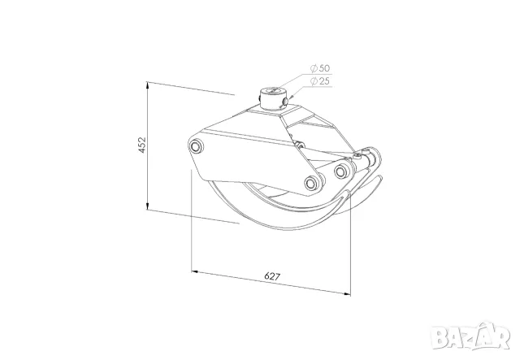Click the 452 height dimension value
(x=142, y=145)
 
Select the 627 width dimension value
(x=272, y=276)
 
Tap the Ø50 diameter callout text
(x=320, y=68)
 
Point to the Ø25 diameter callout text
(x=320, y=81)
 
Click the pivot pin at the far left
(x=196, y=146)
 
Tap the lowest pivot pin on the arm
(x=311, y=183)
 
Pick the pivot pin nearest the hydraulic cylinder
(x=341, y=171)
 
